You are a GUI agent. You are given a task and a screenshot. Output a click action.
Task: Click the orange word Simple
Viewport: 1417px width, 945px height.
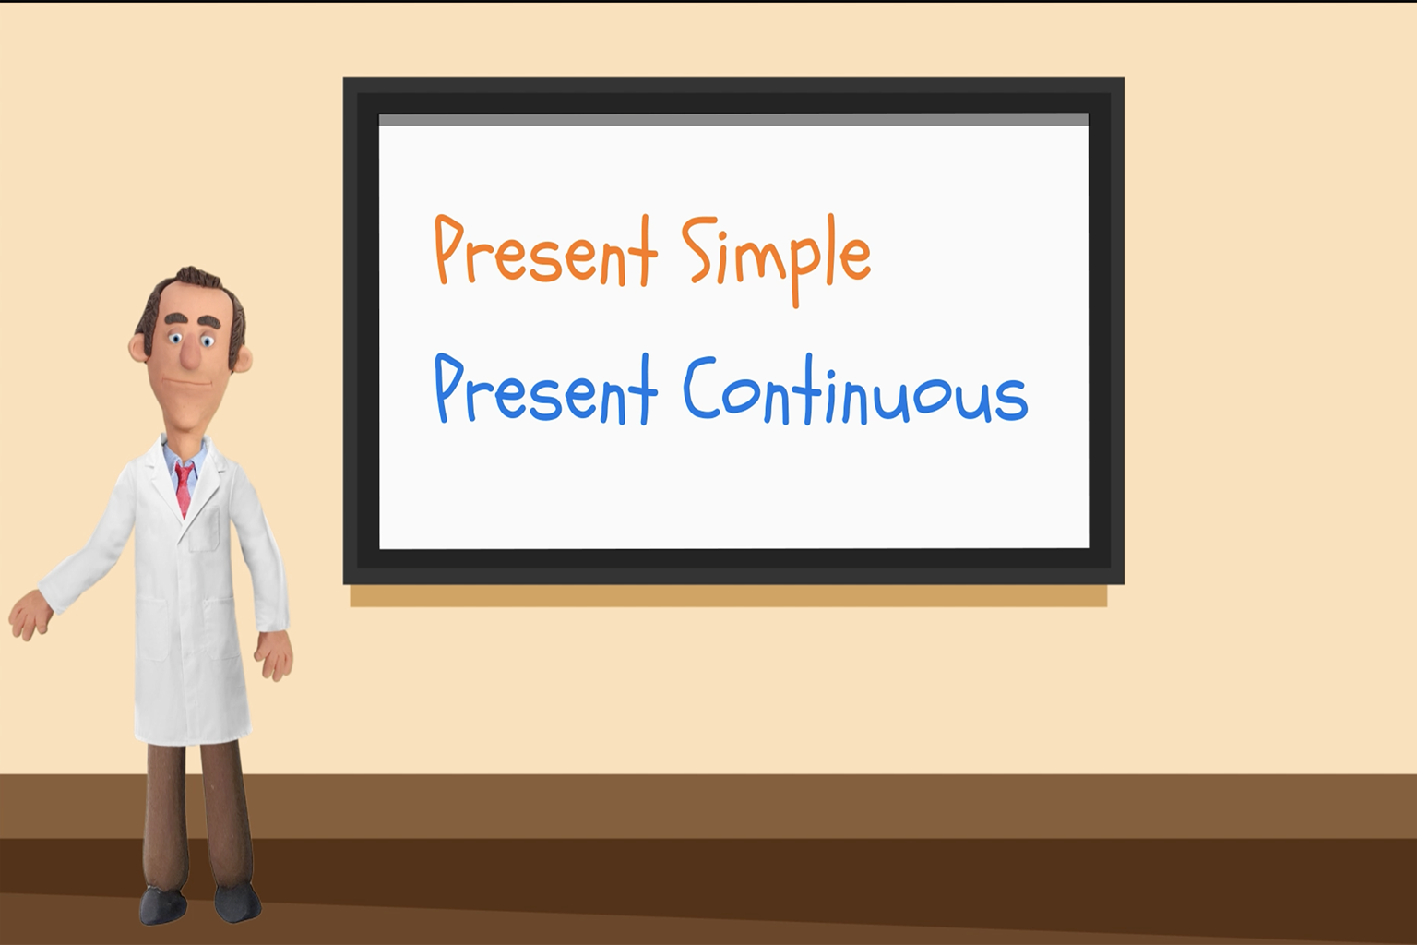[776, 261]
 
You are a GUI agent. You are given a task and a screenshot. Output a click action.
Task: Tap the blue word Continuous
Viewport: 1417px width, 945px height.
[855, 390]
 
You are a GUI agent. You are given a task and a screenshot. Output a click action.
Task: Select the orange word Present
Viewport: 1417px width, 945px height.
[546, 251]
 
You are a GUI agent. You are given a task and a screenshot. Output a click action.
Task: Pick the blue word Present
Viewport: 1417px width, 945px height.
[546, 389]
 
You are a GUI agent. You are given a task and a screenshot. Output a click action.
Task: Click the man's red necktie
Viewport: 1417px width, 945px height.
[185, 488]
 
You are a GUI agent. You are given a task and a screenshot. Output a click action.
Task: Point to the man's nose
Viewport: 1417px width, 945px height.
[189, 354]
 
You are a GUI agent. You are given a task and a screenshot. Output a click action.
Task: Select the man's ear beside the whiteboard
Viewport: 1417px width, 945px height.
[244, 358]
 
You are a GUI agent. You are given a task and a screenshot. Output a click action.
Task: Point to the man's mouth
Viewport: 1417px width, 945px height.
[186, 383]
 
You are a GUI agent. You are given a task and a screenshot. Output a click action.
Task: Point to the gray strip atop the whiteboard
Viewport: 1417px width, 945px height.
[733, 120]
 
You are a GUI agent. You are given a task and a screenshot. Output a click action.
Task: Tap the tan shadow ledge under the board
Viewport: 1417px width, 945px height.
[729, 595]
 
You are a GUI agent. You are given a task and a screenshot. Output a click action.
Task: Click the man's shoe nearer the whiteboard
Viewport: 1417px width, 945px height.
[238, 903]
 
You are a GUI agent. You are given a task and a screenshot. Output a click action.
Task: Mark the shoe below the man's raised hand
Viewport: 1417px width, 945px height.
[162, 906]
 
